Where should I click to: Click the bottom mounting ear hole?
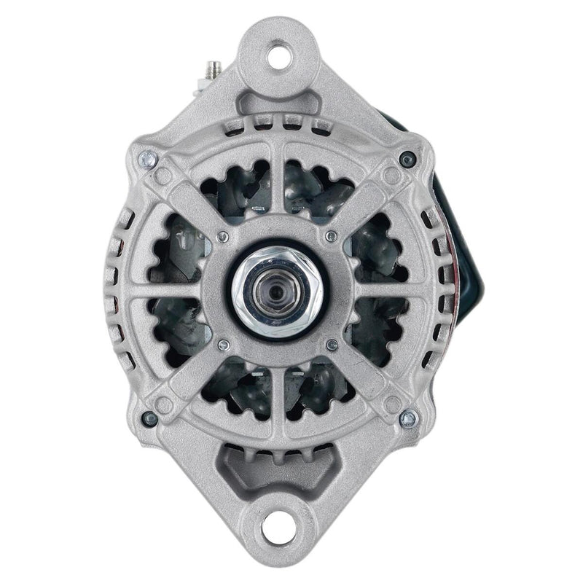[x=276, y=523]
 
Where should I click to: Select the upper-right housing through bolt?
[x=409, y=158]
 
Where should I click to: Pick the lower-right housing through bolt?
[x=408, y=418]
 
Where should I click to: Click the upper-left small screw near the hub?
[x=223, y=235]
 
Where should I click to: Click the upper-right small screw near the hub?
[x=332, y=236]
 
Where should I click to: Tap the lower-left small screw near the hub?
[x=224, y=344]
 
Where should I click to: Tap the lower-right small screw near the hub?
[x=332, y=344]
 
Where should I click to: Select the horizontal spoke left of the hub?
[x=171, y=290]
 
